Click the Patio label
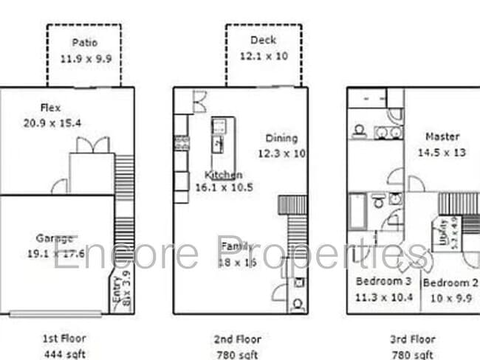point(84,43)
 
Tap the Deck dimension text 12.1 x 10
point(263,55)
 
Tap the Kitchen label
point(223,175)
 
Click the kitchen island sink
point(219,142)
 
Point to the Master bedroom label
point(442,136)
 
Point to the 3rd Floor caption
point(413,339)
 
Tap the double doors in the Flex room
point(92,145)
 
